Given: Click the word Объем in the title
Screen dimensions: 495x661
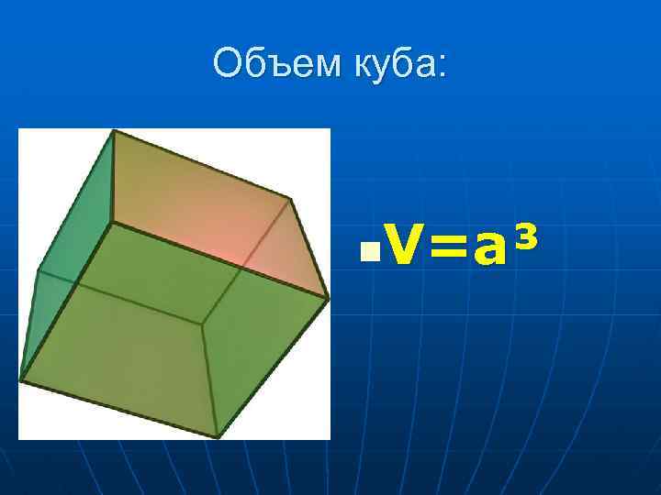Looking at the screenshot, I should click(269, 63).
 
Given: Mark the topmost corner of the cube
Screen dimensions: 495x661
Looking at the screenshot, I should click(114, 130).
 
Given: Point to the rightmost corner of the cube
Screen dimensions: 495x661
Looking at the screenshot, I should click(328, 297).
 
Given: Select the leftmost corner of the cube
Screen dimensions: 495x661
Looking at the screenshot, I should click(20, 379).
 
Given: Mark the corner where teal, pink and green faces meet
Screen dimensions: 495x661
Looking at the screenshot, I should click(111, 222).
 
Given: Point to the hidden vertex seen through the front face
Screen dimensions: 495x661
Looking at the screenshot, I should click(203, 323).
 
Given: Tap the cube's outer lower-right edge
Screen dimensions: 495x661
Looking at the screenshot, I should click(273, 367).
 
